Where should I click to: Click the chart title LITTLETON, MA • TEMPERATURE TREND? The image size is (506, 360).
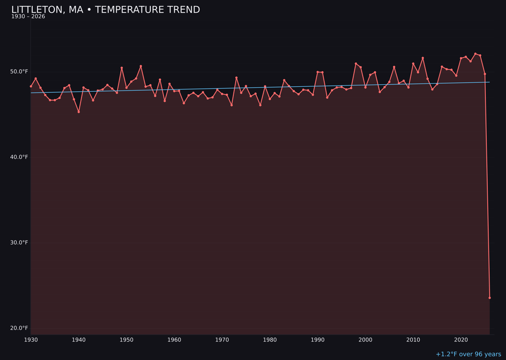105,10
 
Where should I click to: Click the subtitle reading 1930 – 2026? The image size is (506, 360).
28,17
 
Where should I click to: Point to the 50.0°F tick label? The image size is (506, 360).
20,72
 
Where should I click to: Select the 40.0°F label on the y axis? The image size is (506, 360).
20,157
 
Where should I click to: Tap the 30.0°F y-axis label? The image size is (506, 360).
20,242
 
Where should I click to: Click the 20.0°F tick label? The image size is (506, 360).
20,328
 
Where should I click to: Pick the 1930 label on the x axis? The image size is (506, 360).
31,340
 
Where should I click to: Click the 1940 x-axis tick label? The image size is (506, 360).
79,340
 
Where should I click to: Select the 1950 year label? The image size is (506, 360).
126,340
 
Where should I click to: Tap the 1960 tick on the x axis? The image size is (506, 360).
174,340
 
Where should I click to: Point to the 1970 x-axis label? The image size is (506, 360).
222,340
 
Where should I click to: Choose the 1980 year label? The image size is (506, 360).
270,340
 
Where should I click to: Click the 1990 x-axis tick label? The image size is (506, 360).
318,340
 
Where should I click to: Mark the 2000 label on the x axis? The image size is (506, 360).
365,340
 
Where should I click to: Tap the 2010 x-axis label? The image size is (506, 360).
413,340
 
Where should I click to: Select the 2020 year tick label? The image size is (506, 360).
461,340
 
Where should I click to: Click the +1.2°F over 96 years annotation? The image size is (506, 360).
468,354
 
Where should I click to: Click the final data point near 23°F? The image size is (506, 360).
490,298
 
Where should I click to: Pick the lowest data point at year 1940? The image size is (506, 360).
79,112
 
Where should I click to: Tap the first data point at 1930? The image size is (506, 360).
31,86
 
